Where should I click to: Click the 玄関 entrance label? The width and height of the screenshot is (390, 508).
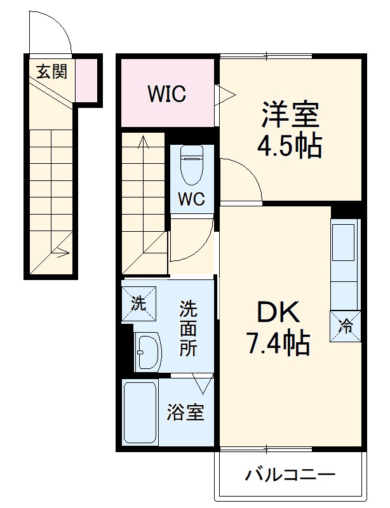(51, 72)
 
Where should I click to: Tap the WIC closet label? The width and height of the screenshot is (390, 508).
(166, 94)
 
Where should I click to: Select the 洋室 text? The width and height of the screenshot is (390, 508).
(289, 115)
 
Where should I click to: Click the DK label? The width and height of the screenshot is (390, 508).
(278, 313)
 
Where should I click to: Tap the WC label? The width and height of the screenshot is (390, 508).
(191, 199)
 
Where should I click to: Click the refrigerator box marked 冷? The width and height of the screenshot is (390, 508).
(346, 326)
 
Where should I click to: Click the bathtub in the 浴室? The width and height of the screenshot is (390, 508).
(140, 413)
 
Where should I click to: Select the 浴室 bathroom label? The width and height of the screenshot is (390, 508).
(185, 413)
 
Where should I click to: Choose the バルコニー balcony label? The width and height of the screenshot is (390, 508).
(290, 474)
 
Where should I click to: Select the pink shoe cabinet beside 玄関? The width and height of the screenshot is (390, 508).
(88, 79)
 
